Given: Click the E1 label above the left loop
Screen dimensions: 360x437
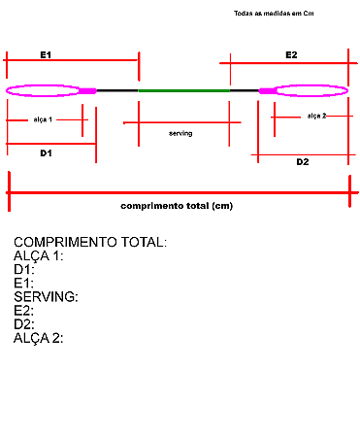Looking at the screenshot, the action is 46,55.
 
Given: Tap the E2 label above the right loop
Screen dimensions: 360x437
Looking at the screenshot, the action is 291,55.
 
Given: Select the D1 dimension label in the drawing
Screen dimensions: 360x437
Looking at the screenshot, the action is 46,153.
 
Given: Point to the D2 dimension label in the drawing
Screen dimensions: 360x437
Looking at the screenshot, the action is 302,161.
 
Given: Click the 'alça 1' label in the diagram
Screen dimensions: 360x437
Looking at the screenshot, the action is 43,119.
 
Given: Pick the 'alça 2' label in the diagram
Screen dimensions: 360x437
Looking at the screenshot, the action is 316,116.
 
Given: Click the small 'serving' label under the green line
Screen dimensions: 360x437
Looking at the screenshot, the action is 180,133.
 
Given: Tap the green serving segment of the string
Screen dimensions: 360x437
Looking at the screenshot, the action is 183,90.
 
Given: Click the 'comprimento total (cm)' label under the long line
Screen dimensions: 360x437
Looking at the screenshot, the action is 177,206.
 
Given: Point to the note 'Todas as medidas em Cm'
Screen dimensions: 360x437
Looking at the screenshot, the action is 275,14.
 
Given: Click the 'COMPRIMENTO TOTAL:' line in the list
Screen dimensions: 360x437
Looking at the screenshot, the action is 90,242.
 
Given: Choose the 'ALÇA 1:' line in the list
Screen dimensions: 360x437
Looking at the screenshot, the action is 39,256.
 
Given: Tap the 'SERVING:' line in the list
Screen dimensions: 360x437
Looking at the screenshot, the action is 47,297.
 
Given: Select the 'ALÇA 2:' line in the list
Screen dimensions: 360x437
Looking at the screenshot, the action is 39,338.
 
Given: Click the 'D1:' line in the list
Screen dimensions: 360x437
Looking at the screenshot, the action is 24,270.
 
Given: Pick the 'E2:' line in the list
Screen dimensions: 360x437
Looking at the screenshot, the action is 24,311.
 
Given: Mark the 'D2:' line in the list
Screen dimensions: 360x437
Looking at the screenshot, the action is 24,324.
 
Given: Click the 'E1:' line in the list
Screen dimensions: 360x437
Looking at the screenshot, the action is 24,284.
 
